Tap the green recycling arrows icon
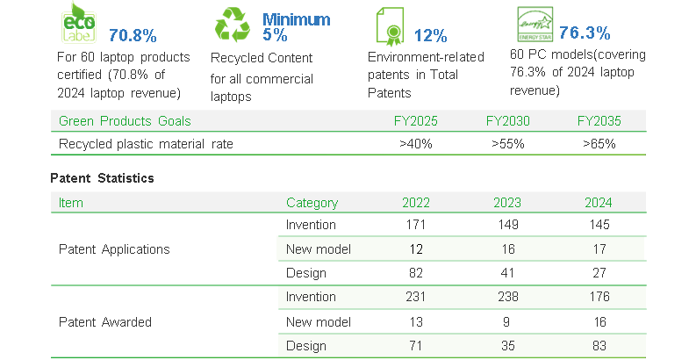[233, 25]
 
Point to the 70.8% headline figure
[133, 36]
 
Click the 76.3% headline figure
[585, 33]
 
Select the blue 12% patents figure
[430, 36]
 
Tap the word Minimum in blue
[297, 19]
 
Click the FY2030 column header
[509, 121]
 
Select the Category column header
[312, 203]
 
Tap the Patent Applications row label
[114, 249]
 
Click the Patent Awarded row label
[104, 322]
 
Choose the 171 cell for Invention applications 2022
[416, 226]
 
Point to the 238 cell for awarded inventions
[509, 298]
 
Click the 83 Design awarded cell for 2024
[599, 346]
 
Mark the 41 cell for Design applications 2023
[509, 273]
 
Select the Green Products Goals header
[125, 121]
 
